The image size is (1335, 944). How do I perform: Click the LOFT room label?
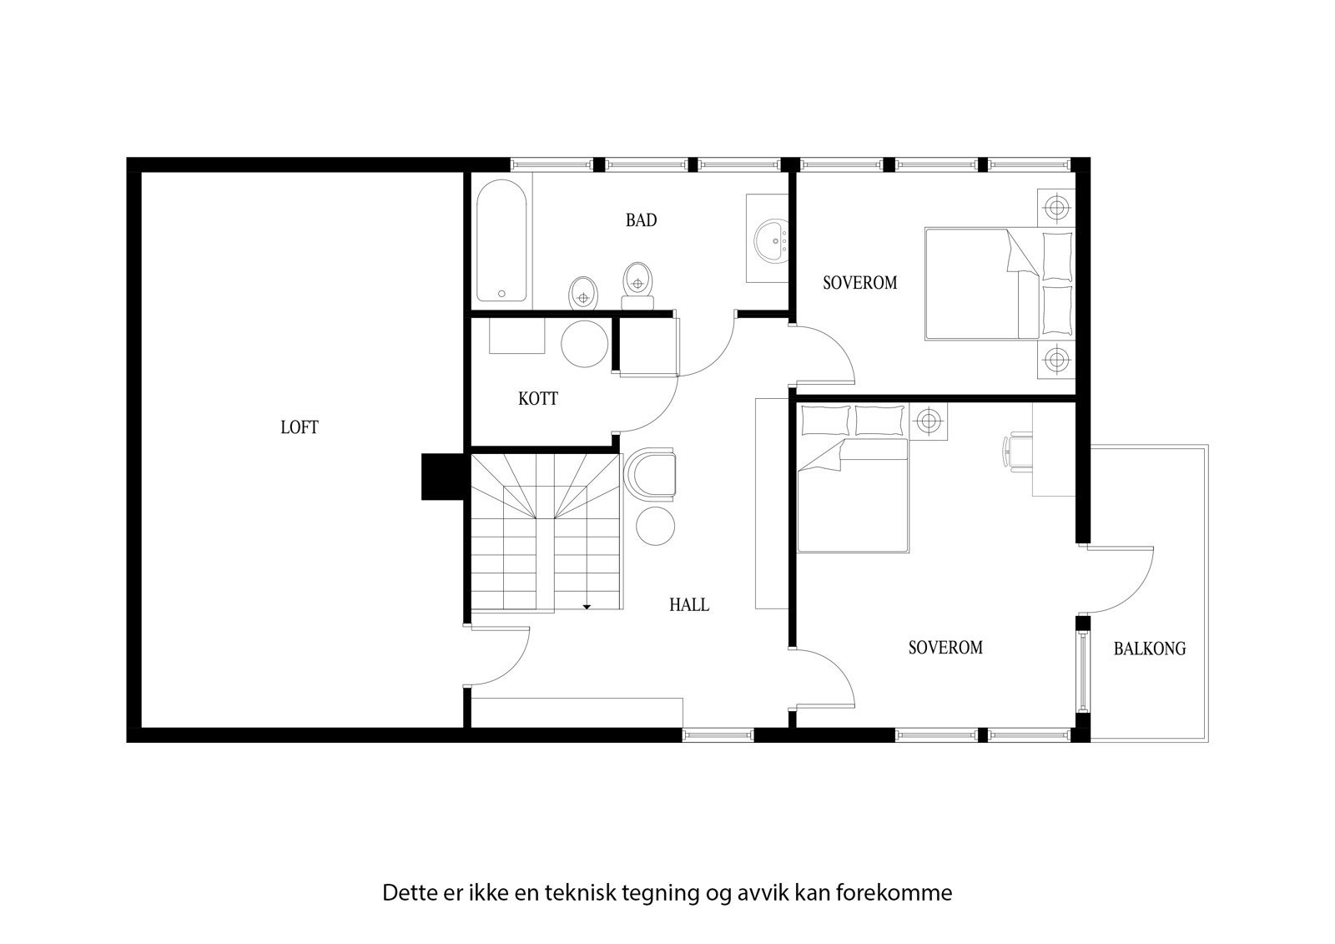pyautogui.click(x=299, y=428)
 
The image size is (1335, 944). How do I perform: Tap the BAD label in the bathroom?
pyautogui.click(x=641, y=220)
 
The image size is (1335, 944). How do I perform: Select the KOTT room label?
pyautogui.click(x=537, y=399)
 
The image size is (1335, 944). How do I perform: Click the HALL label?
pyautogui.click(x=689, y=605)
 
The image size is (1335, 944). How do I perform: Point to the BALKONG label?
pyautogui.click(x=1149, y=649)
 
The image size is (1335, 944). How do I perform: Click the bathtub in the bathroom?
pyautogui.click(x=501, y=240)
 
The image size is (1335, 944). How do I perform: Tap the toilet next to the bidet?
pyautogui.click(x=638, y=283)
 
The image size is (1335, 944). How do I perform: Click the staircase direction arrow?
pyautogui.click(x=587, y=607)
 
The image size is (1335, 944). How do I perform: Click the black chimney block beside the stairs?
pyautogui.click(x=442, y=477)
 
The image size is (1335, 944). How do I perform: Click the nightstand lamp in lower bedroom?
pyautogui.click(x=928, y=420)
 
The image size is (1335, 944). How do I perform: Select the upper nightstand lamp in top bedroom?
pyautogui.click(x=1056, y=206)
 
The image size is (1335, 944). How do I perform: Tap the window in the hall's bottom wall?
pyautogui.click(x=718, y=735)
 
